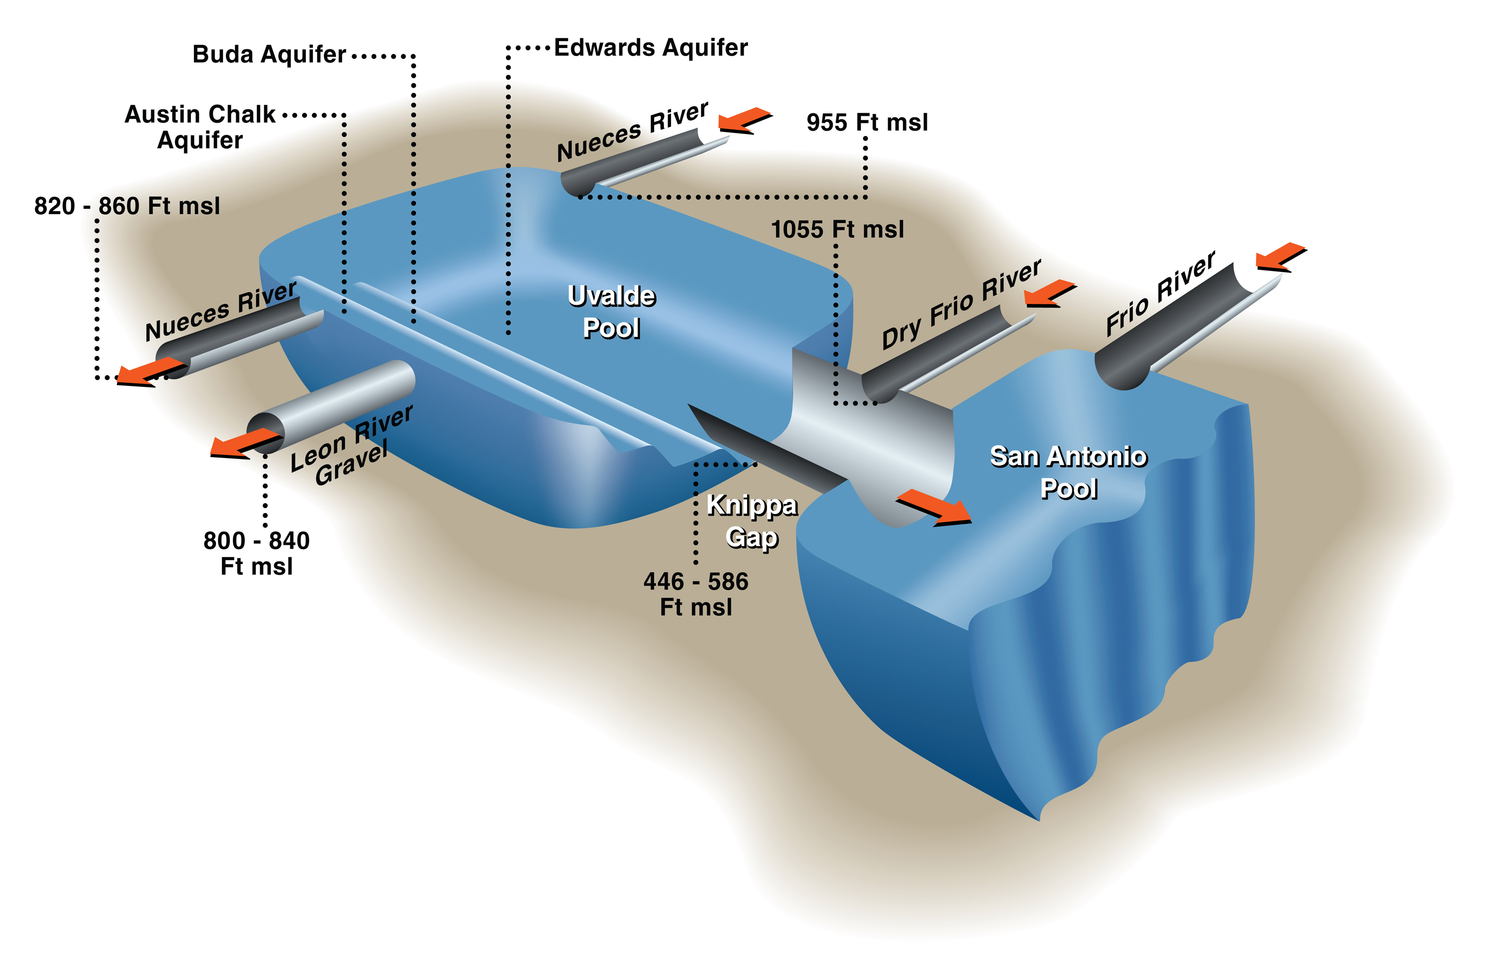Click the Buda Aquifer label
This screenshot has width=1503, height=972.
click(269, 55)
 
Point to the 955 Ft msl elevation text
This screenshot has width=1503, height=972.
click(867, 122)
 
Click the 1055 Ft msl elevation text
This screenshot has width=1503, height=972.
click(837, 229)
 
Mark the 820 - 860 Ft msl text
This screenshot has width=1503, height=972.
click(127, 206)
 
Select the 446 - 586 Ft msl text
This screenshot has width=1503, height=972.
click(696, 594)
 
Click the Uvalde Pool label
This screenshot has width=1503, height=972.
click(612, 312)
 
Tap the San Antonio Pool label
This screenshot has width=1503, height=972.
click(1068, 472)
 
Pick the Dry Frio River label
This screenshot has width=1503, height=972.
click(961, 304)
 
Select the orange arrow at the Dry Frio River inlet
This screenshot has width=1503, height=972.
click(1050, 294)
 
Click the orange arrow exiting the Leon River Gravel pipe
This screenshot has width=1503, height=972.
click(246, 443)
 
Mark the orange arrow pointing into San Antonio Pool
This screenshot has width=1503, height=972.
click(934, 508)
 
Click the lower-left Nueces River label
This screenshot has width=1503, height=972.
click(221, 311)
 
